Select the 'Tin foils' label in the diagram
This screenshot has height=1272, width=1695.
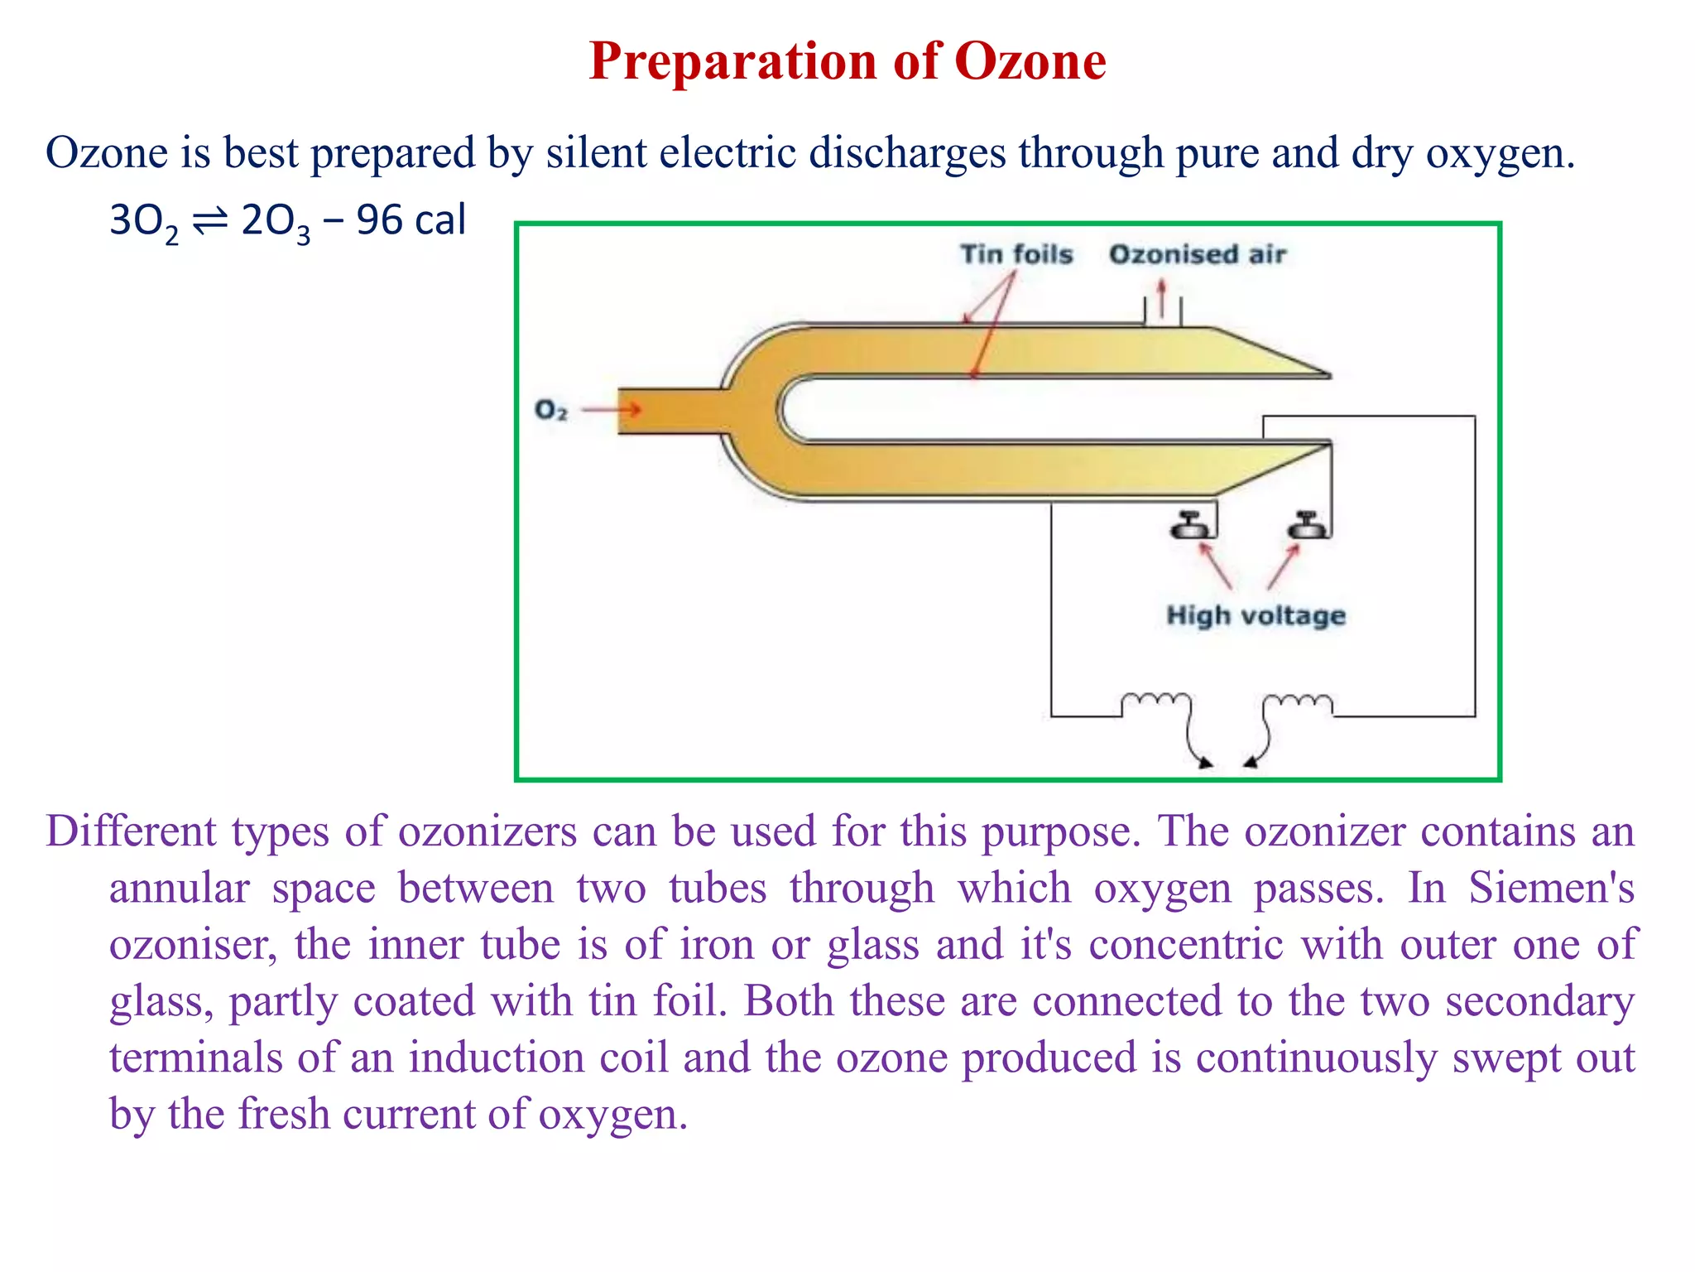click(x=1016, y=254)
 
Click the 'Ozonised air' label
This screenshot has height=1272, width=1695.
click(x=1197, y=254)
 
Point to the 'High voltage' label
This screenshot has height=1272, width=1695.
click(x=1256, y=615)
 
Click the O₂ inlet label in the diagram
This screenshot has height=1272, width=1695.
click(x=551, y=410)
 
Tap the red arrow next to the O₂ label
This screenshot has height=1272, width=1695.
click(x=612, y=409)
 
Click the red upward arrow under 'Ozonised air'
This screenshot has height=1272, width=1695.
click(x=1162, y=298)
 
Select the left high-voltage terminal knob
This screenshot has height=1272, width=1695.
click(x=1190, y=527)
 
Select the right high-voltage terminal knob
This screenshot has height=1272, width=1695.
click(x=1307, y=527)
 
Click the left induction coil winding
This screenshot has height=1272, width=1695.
click(x=1156, y=702)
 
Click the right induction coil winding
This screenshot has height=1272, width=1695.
click(x=1298, y=702)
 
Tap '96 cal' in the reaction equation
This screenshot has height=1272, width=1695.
click(x=411, y=221)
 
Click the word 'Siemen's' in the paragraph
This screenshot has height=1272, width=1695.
click(x=1551, y=889)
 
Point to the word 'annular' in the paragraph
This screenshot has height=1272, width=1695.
click(x=179, y=889)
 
